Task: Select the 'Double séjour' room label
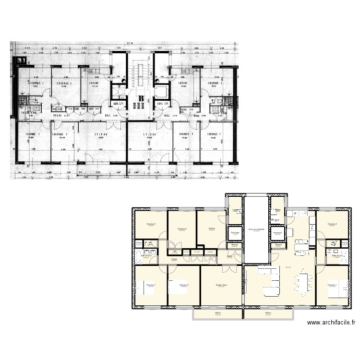(x=221, y=285)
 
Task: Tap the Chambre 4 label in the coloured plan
(x=182, y=228)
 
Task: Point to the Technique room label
(x=235, y=232)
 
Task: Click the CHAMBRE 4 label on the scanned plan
(x=64, y=84)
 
